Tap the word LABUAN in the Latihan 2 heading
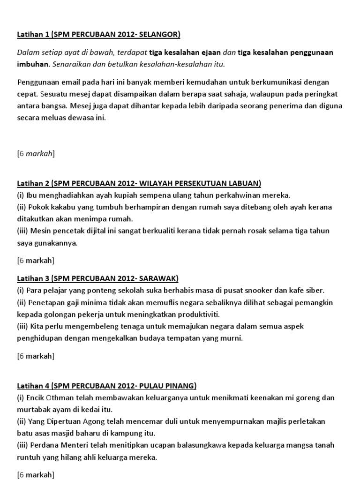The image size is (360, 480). point(244,183)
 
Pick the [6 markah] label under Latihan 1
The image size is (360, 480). point(36,153)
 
